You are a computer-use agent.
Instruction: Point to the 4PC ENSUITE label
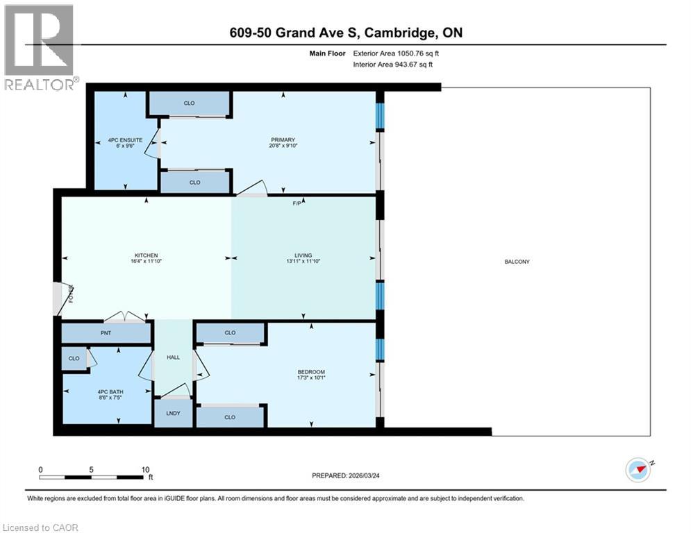tap(125, 140)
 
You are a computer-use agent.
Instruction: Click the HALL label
tap(173, 357)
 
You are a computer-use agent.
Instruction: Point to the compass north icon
tap(638, 471)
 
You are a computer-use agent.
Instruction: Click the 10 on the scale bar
tap(145, 469)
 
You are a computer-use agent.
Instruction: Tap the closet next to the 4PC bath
tap(73, 359)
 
